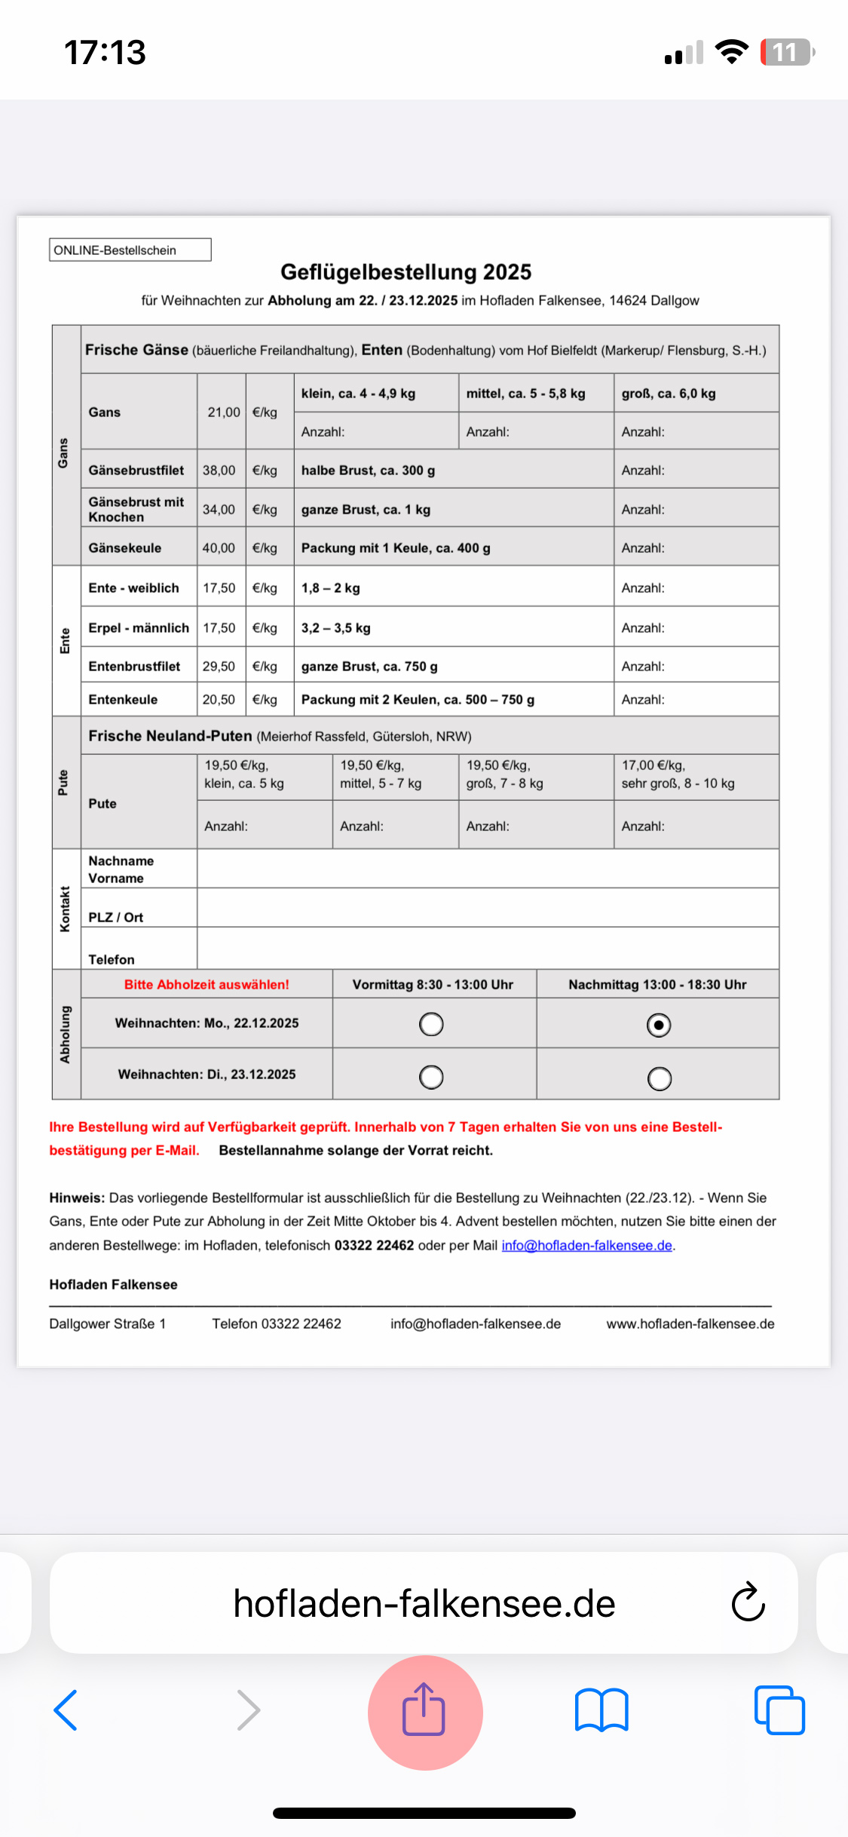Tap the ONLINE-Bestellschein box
(130, 250)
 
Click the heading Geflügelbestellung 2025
(406, 272)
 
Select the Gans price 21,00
(223, 412)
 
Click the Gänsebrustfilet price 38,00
(219, 471)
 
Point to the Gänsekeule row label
(125, 548)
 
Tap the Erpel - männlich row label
(139, 628)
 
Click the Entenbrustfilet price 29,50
(219, 667)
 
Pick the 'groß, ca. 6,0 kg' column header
(669, 394)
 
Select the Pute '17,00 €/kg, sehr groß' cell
(678, 774)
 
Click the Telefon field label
(112, 959)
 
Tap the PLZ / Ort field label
(116, 917)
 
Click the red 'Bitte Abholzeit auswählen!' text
(207, 985)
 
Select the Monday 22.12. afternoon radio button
(659, 1026)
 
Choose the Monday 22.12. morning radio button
(431, 1025)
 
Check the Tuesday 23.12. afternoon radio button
(659, 1079)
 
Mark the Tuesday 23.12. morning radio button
(431, 1078)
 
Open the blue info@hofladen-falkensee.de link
(586, 1246)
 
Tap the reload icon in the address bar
(748, 1602)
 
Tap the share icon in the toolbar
(424, 1710)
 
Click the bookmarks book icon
(601, 1710)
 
